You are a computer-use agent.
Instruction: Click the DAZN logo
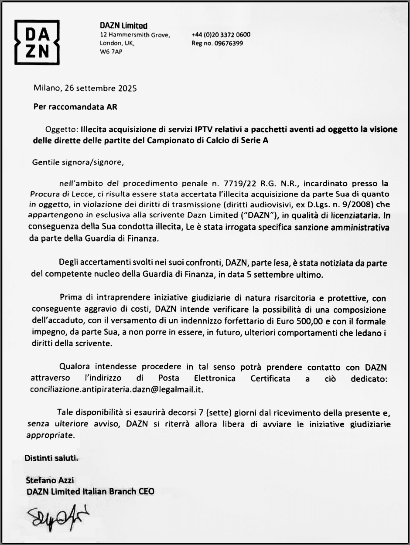37,42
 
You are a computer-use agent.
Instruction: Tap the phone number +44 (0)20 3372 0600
221,35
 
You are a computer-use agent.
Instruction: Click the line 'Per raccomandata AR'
75,106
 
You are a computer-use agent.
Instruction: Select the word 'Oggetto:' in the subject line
61,129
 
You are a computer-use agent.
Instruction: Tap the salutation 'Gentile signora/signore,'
78,162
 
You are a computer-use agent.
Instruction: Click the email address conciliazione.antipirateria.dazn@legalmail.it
117,389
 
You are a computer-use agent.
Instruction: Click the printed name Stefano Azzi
50,480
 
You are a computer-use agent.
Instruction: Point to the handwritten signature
54,517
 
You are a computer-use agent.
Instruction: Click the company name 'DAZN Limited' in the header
123,26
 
